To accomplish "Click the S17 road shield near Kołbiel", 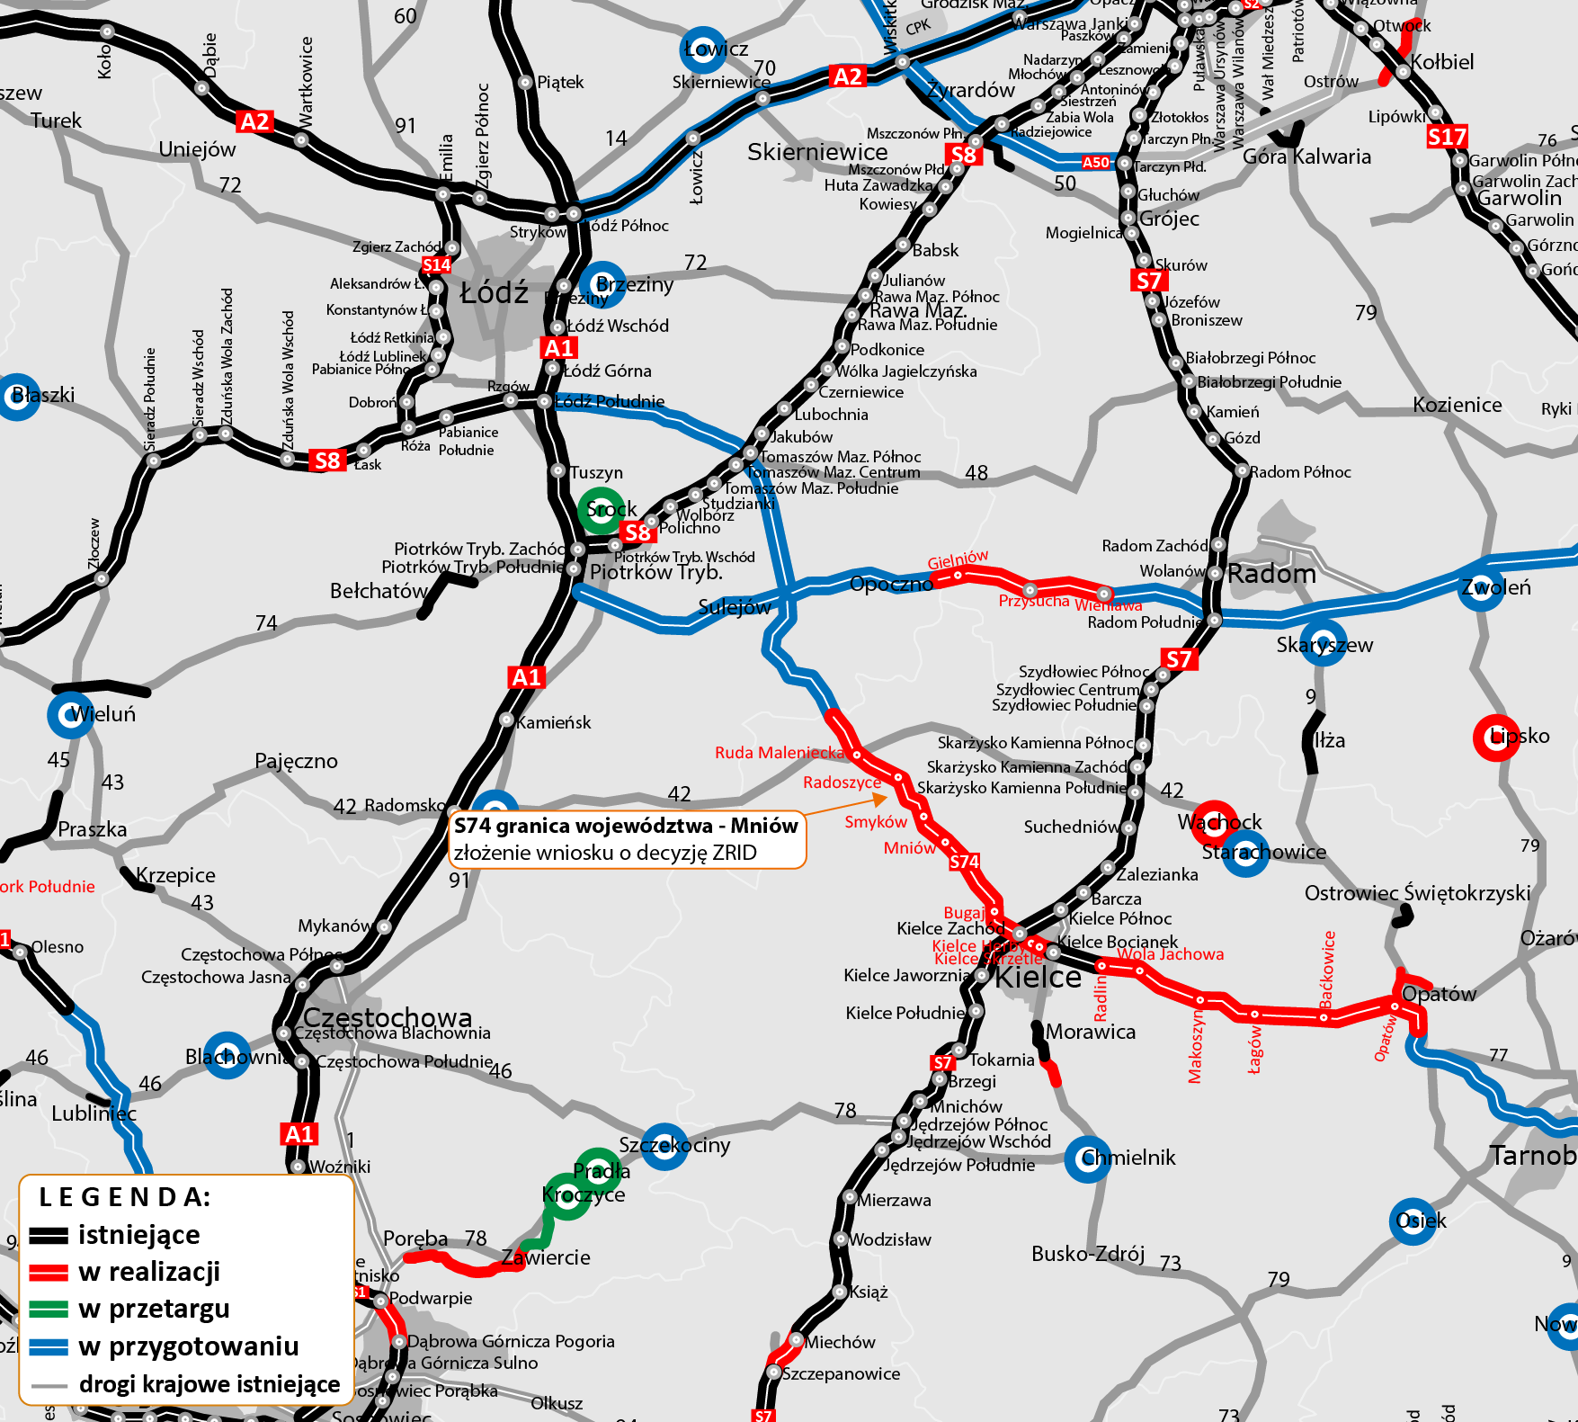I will pos(1447,137).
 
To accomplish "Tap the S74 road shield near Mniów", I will pos(964,862).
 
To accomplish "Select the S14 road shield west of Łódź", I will pos(436,264).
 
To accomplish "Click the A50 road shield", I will pos(1095,163).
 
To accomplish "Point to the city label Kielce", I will pos(1038,978).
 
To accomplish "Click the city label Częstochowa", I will pos(388,1017).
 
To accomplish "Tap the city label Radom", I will pos(1271,574).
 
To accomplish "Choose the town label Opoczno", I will pos(891,584).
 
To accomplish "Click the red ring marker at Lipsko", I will pos(1496,738).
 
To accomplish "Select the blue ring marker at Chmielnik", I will pos(1087,1158).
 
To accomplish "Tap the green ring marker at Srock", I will pos(601,510).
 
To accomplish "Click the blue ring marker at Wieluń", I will pos(70,715).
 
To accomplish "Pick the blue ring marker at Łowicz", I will pos(702,49).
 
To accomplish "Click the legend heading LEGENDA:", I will pos(125,1197).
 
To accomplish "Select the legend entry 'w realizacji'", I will pos(148,1272).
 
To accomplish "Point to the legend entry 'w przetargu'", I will pos(154,1309).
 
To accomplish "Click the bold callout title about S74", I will pos(626,826).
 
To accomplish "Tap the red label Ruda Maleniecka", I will pos(780,753).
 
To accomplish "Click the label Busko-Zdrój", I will pos(1088,1254).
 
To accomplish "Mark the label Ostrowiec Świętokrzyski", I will pos(1417,893).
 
